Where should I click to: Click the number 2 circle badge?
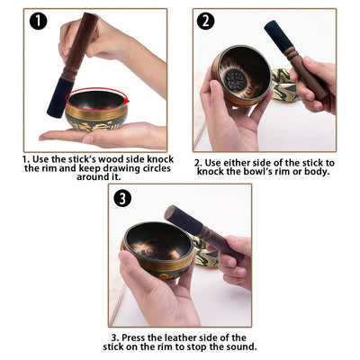coord(206,22)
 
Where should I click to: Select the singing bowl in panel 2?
coord(241,76)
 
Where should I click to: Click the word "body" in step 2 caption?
coord(313,171)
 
